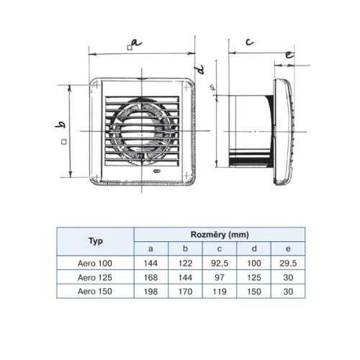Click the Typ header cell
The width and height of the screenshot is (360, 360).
(x=96, y=240)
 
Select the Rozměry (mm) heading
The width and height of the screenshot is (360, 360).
(x=220, y=235)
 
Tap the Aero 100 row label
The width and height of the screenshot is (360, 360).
(x=95, y=264)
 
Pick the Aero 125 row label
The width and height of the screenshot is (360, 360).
(x=95, y=277)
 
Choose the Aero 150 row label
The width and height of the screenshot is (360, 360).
(x=95, y=292)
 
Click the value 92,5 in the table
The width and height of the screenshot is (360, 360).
(x=220, y=264)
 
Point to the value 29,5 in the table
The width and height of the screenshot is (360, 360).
(x=288, y=264)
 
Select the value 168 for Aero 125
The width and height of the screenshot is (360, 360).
(x=150, y=278)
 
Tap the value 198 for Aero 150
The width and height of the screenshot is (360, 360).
(x=150, y=292)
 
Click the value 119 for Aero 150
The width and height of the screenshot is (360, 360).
(x=220, y=292)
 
